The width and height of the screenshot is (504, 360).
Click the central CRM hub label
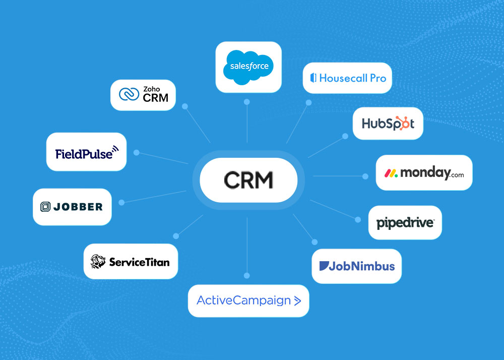[x=248, y=180]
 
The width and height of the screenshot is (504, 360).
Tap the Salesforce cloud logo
[x=248, y=66]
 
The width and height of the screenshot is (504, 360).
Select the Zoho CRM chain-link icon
[x=129, y=94]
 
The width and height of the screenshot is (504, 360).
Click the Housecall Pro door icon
[x=313, y=78]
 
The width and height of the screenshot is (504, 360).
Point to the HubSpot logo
[x=388, y=124]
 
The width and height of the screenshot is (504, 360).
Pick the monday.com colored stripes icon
[x=391, y=173]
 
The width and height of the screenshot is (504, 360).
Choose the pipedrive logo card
[x=405, y=222]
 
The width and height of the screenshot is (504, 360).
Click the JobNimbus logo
[x=356, y=266]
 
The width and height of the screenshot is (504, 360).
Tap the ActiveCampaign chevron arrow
[x=297, y=301]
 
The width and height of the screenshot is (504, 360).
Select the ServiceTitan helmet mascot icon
[x=98, y=261]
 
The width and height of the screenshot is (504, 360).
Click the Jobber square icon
[x=45, y=207]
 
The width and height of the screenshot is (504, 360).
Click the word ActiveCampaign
[x=243, y=301]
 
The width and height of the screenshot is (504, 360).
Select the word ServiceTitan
[x=139, y=262]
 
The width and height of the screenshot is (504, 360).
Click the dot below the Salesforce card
[x=247, y=102]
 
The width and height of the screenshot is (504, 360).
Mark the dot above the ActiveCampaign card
[x=246, y=275]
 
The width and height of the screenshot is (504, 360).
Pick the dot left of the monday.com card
[x=365, y=176]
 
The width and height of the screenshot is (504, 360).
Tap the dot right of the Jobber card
[x=121, y=202]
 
